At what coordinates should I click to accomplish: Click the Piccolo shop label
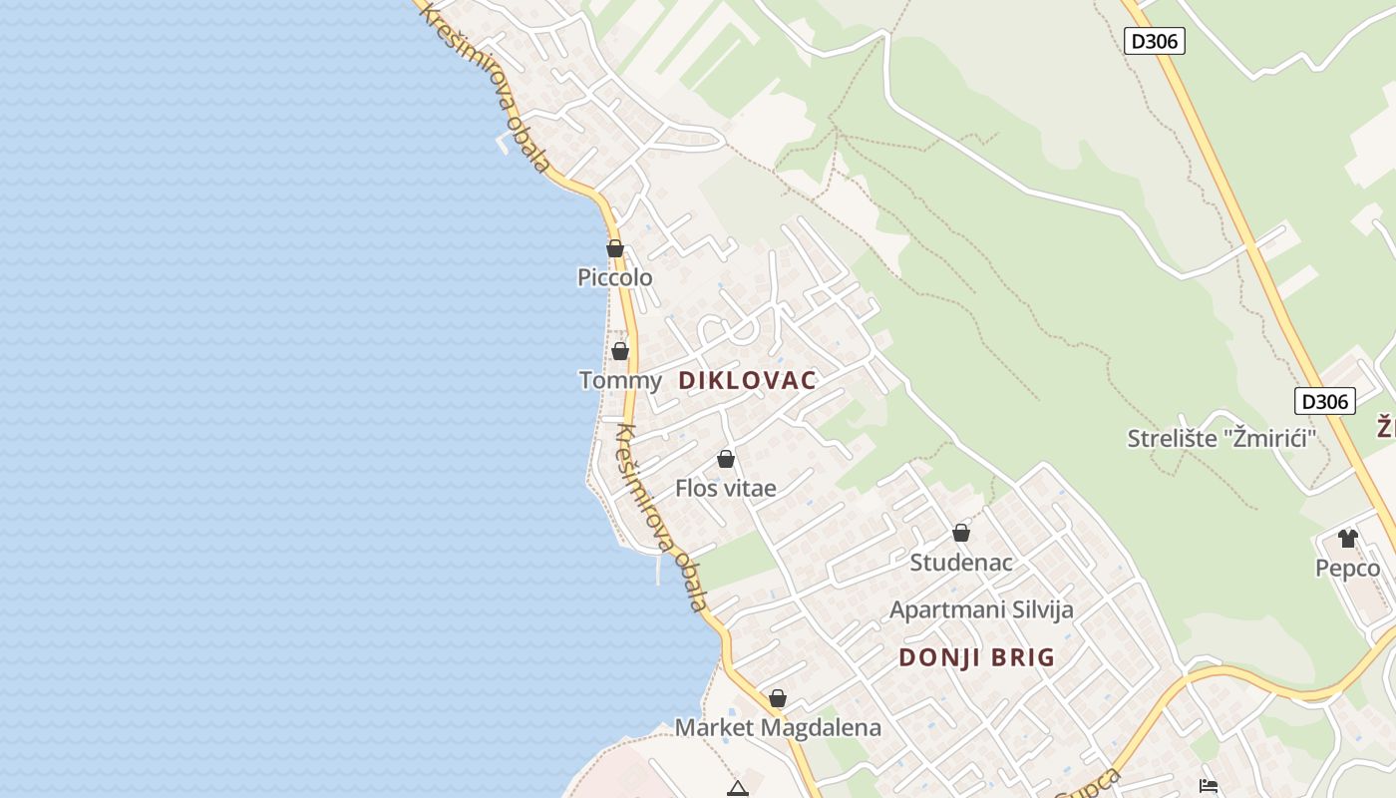pyautogui.click(x=615, y=277)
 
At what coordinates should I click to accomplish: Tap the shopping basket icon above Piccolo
pyautogui.click(x=615, y=248)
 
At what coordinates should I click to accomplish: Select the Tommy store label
pyautogui.click(x=620, y=380)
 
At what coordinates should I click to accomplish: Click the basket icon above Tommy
pyautogui.click(x=620, y=351)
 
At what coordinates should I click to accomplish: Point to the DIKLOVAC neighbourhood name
pyautogui.click(x=748, y=380)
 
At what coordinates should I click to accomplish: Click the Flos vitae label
pyautogui.click(x=726, y=488)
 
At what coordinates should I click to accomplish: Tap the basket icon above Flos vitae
pyautogui.click(x=726, y=459)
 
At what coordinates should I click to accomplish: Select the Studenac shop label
pyautogui.click(x=961, y=562)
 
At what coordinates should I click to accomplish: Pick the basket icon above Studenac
pyautogui.click(x=961, y=533)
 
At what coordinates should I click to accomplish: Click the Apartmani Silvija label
pyautogui.click(x=981, y=609)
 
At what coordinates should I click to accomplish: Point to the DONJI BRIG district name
pyautogui.click(x=977, y=657)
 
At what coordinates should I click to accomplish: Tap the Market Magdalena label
pyautogui.click(x=778, y=727)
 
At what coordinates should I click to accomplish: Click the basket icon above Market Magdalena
pyautogui.click(x=778, y=698)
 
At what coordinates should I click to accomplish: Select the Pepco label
pyautogui.click(x=1348, y=568)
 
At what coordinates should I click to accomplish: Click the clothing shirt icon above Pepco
pyautogui.click(x=1348, y=539)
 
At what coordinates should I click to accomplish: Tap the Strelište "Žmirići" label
pyautogui.click(x=1222, y=438)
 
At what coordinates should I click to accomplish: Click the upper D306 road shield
pyautogui.click(x=1155, y=41)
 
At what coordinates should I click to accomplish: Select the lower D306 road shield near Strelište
pyautogui.click(x=1325, y=401)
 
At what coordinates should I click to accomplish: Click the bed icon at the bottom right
pyautogui.click(x=1209, y=787)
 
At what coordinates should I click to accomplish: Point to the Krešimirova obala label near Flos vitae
pyautogui.click(x=662, y=517)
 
